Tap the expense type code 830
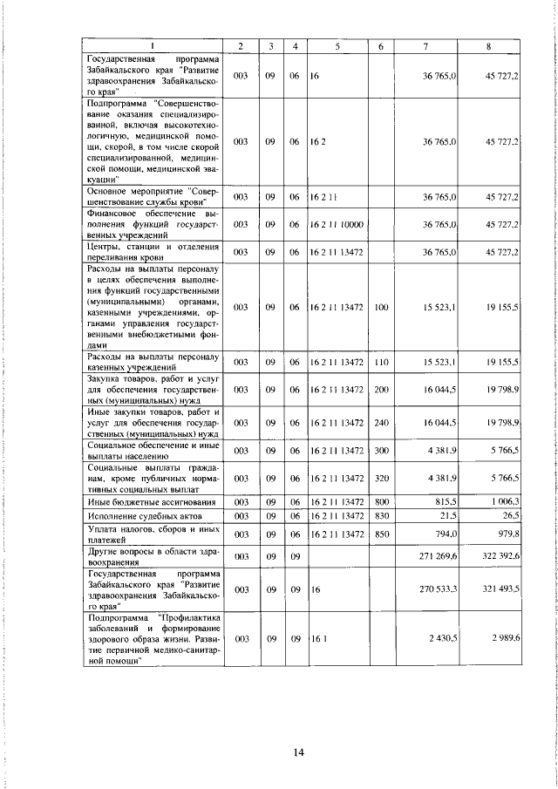click(381, 516)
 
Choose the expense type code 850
click(381, 533)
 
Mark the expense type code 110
click(381, 361)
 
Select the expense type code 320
click(381, 478)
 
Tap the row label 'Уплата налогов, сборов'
click(153, 533)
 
